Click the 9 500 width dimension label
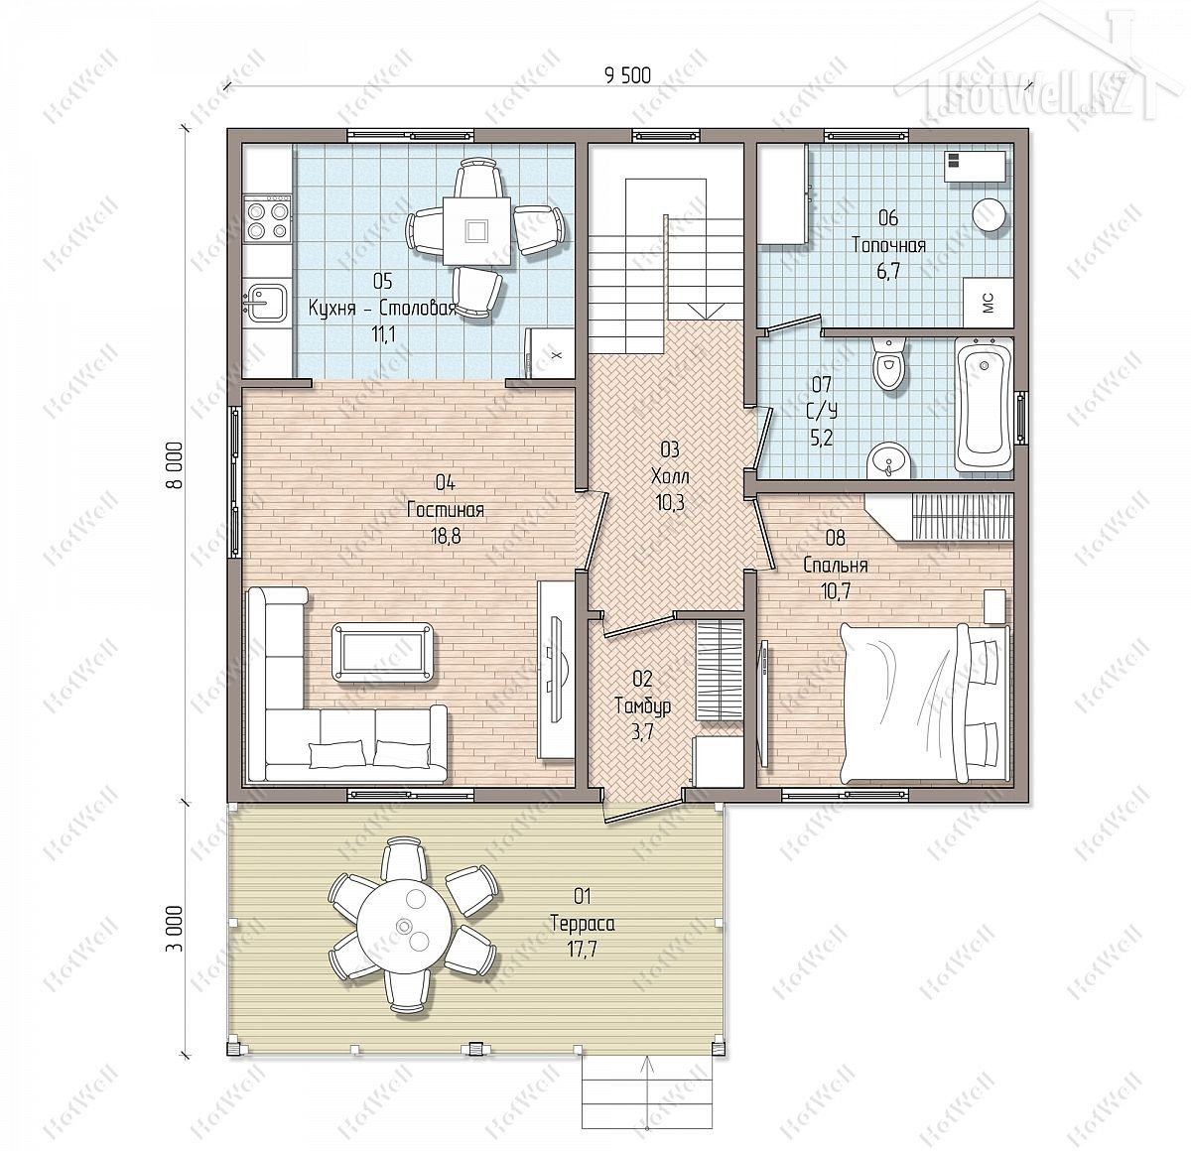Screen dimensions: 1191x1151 point(627,75)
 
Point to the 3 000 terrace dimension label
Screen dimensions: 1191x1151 point(177,929)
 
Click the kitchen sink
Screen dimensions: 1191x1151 point(266,301)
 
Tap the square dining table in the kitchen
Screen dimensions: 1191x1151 point(476,230)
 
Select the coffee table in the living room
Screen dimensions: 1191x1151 point(382,652)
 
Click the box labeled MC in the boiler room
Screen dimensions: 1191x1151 point(988,303)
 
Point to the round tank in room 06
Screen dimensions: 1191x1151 point(990,215)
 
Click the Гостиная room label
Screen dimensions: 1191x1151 point(446,510)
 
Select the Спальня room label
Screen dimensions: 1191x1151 point(836,565)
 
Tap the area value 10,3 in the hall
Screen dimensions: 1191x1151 point(670,502)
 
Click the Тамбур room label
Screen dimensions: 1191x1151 point(642,706)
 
